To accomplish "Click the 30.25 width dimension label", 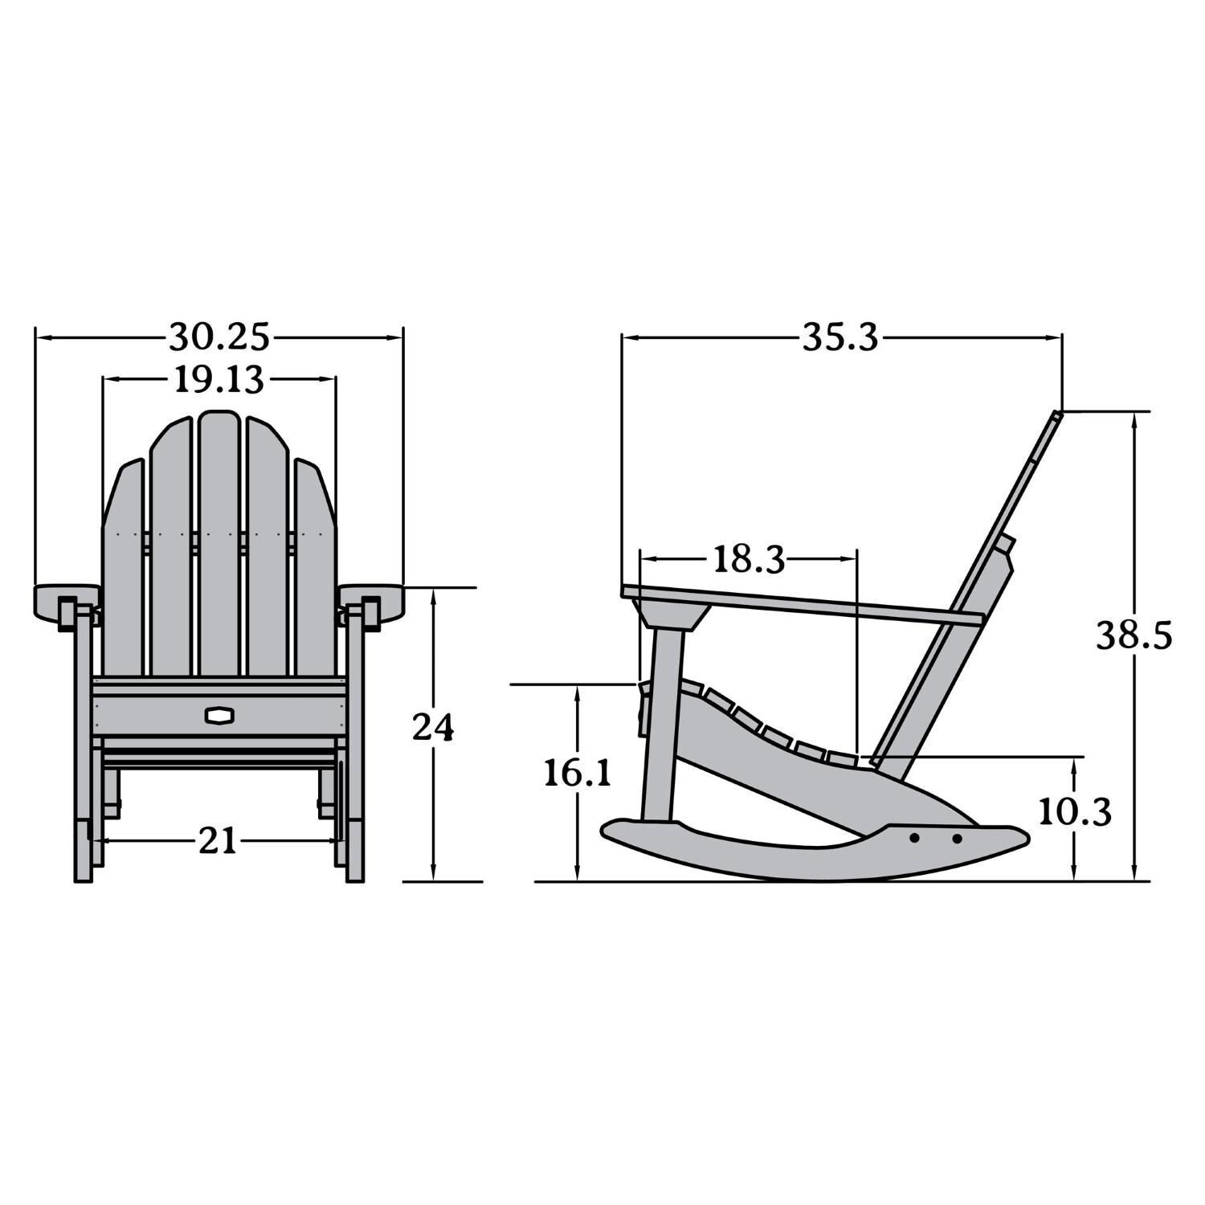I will [219, 337].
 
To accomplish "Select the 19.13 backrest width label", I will [219, 380].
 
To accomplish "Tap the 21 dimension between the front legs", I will [218, 841].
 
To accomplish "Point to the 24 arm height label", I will [433, 728].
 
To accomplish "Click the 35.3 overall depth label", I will [841, 338].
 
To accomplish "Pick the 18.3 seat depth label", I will [749, 559].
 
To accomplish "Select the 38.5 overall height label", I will [1134, 636].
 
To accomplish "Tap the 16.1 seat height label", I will [578, 773].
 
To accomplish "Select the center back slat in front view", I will [219, 546].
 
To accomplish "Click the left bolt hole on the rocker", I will [914, 838].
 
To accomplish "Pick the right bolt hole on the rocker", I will [957, 839].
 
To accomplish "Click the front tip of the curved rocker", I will [611, 831].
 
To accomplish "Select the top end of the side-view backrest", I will [1056, 415].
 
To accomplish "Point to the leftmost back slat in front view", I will [122, 570].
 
